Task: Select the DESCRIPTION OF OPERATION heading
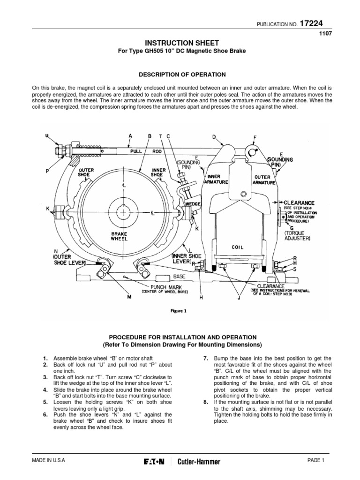pyautogui.click(x=180, y=74)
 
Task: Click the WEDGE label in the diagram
pyautogui.click(x=193, y=204)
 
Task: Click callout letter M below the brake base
pyautogui.click(x=129, y=297)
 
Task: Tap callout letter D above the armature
pyautogui.click(x=214, y=137)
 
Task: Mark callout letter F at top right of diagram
pyautogui.click(x=255, y=137)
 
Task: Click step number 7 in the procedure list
pyautogui.click(x=205, y=358)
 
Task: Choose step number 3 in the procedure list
pyautogui.click(x=45, y=377)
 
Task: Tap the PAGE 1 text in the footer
pyautogui.click(x=316, y=460)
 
